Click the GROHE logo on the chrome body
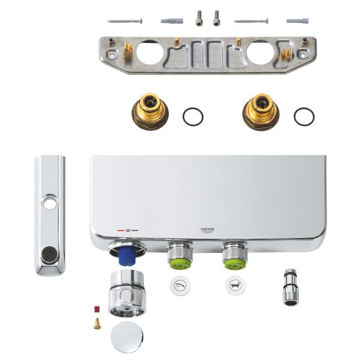click(x=208, y=230)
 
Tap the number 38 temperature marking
click(x=127, y=231)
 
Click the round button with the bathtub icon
click(x=236, y=286)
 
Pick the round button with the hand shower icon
click(x=180, y=286)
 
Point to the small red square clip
click(x=97, y=309)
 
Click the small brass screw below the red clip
click(x=97, y=323)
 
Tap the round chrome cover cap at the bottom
click(x=127, y=337)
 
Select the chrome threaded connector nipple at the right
click(x=291, y=287)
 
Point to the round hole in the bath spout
click(x=49, y=202)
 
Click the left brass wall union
click(x=150, y=112)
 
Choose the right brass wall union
click(x=261, y=112)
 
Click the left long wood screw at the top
click(x=125, y=21)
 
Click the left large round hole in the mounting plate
click(x=150, y=53)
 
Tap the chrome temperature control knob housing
click(x=127, y=293)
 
